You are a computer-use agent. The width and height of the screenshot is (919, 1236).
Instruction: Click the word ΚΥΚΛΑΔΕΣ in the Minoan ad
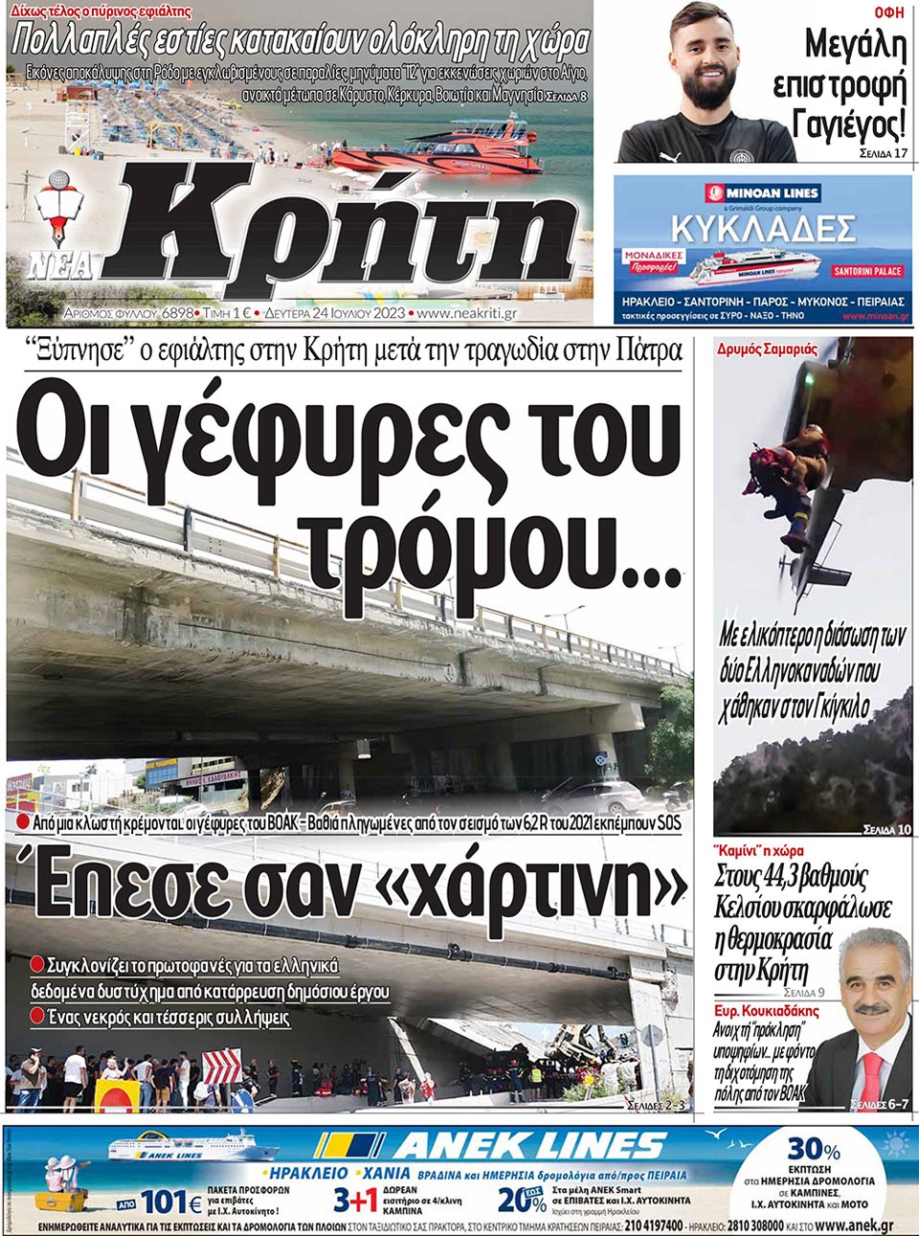(x=762, y=229)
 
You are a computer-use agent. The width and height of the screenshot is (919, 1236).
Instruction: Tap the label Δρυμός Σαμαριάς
(x=768, y=349)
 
